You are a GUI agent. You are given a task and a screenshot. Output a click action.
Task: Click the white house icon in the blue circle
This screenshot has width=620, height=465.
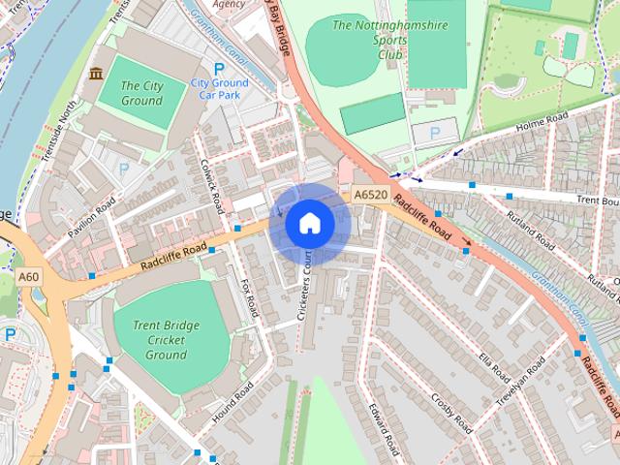click(310, 223)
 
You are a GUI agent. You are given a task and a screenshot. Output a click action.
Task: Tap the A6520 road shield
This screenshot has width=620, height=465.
click(370, 195)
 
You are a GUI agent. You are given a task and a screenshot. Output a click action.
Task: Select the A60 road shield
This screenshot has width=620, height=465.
click(30, 278)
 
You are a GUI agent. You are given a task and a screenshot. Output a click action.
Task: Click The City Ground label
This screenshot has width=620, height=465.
click(141, 93)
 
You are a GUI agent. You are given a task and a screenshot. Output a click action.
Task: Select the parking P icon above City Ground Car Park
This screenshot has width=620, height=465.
click(218, 69)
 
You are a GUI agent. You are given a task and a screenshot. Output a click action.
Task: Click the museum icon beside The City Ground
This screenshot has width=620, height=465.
click(97, 74)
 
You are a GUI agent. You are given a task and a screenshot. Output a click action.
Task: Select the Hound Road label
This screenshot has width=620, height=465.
click(232, 401)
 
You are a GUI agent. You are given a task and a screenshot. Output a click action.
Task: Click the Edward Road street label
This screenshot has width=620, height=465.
click(384, 427)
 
